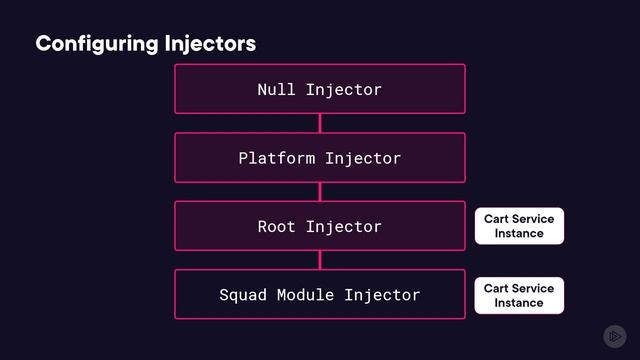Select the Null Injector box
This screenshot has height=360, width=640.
click(x=320, y=89)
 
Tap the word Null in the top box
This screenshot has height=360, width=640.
click(x=276, y=89)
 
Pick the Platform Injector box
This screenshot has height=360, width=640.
click(x=320, y=158)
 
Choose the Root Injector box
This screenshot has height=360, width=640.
click(x=320, y=226)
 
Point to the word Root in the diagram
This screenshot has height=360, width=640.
click(x=276, y=226)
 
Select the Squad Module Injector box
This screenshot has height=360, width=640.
click(x=320, y=294)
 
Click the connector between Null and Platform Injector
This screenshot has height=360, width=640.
click(x=320, y=123)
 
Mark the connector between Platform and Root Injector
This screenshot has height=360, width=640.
click(x=320, y=191)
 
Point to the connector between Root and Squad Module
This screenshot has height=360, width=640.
click(x=320, y=260)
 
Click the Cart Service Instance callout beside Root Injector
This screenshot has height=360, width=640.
click(x=519, y=226)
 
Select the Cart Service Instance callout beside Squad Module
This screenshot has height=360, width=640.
click(x=519, y=295)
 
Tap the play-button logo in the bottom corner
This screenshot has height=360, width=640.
click(x=614, y=336)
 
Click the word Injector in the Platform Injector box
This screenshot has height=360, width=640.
click(x=363, y=158)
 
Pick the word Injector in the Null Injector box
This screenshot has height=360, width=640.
click(x=344, y=89)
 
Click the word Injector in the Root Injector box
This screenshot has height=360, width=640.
click(x=344, y=226)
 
